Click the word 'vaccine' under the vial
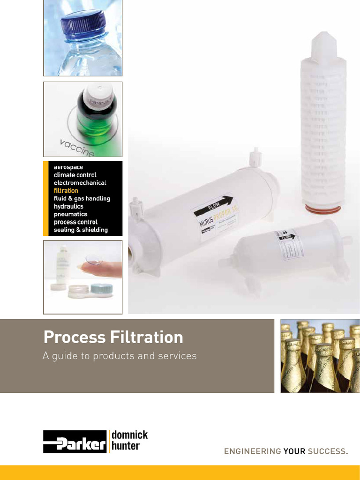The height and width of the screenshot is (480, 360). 77,148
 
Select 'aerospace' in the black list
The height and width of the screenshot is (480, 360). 68,167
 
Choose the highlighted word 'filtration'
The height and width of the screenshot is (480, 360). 66,191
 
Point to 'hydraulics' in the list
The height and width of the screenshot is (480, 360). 68,206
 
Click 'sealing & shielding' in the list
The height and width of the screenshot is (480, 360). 81,230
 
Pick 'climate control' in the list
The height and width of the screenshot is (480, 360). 75,175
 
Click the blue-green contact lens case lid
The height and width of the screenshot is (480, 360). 102,288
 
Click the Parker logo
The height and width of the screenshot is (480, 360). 75,442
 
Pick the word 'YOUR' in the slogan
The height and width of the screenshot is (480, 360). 294,452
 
